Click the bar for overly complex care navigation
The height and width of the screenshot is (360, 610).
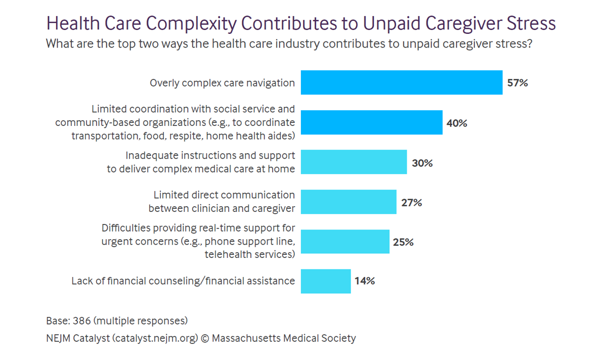pos(402,82)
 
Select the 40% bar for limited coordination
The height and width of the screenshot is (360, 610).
pos(372,122)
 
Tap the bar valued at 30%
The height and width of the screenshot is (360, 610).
pos(354,162)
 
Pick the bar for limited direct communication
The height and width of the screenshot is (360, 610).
pos(348,202)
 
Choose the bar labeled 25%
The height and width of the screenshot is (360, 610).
pos(345,242)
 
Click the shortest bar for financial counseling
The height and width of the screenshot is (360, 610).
pos(326,281)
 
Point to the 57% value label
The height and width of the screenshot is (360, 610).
pos(517,83)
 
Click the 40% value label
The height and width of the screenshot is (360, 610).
pos(457,123)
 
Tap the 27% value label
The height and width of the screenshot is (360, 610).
pos(411,203)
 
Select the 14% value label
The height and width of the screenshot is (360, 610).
pos(365,281)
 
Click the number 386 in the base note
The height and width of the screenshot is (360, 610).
pos(80,321)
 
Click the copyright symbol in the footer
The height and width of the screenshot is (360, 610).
pos(205,338)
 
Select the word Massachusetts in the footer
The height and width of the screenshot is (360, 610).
pos(246,338)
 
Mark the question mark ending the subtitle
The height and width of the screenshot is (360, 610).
pos(529,44)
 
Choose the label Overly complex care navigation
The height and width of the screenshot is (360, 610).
pos(222,83)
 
